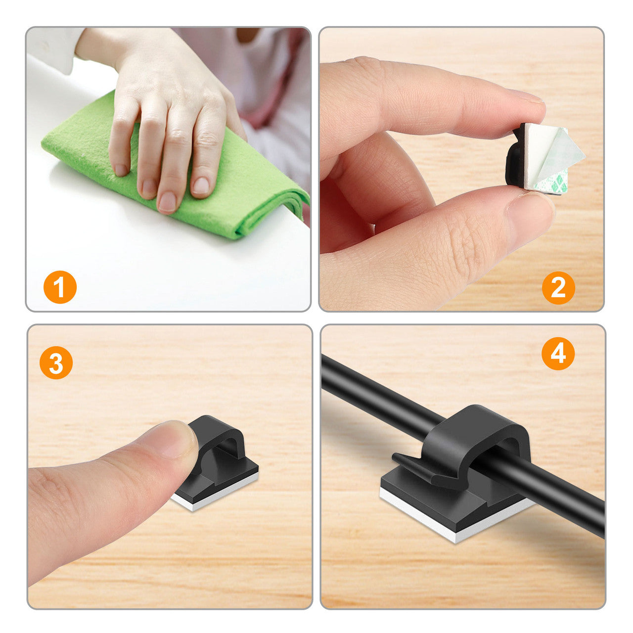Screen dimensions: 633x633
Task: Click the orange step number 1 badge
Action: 60,287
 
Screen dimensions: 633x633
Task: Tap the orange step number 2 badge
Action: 558,287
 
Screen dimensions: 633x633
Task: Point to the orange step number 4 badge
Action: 558,354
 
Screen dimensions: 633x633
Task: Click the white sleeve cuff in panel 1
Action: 52,49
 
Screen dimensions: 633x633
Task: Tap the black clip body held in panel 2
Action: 515,158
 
